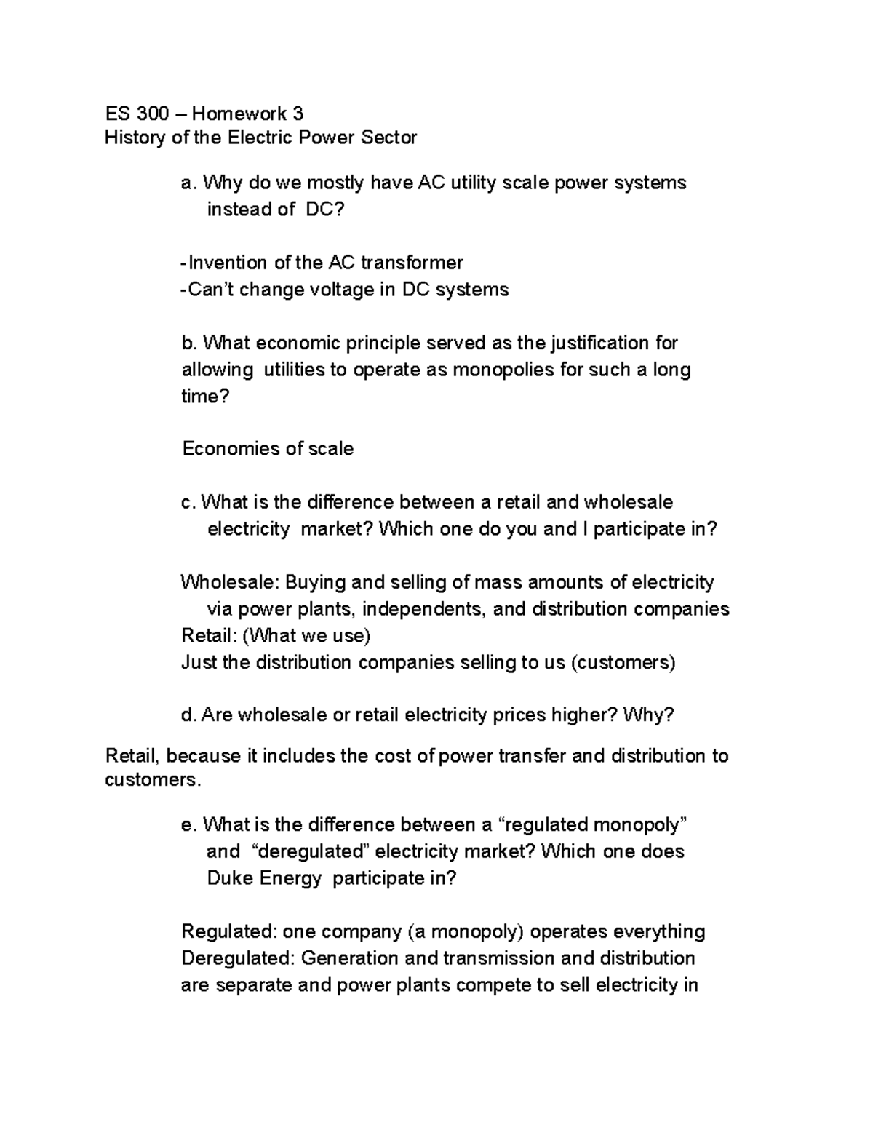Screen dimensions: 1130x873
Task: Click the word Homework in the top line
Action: (x=239, y=114)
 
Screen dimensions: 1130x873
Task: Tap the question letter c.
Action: (x=188, y=502)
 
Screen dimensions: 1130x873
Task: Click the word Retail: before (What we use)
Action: (x=210, y=636)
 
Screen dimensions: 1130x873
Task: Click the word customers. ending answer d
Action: (x=151, y=780)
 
